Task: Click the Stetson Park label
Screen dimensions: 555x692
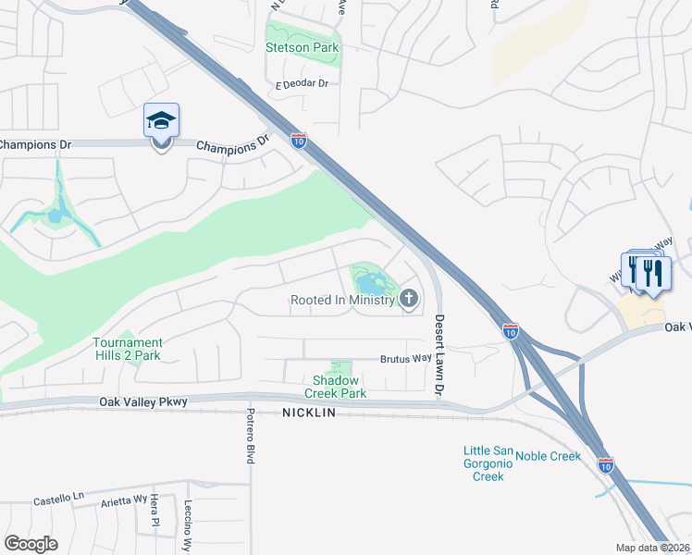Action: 303,47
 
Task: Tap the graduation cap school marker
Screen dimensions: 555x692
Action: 161,122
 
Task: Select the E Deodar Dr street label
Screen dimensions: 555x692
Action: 303,83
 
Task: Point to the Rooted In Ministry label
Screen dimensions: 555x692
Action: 342,300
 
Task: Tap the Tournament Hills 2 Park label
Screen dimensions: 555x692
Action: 128,349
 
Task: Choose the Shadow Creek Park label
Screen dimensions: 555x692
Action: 340,387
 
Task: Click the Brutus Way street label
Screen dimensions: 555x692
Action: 406,359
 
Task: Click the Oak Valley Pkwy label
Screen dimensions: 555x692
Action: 142,401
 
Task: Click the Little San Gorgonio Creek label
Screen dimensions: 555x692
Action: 488,463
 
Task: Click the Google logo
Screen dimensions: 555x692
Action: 31,543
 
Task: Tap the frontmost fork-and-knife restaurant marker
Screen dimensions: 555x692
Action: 654,274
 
